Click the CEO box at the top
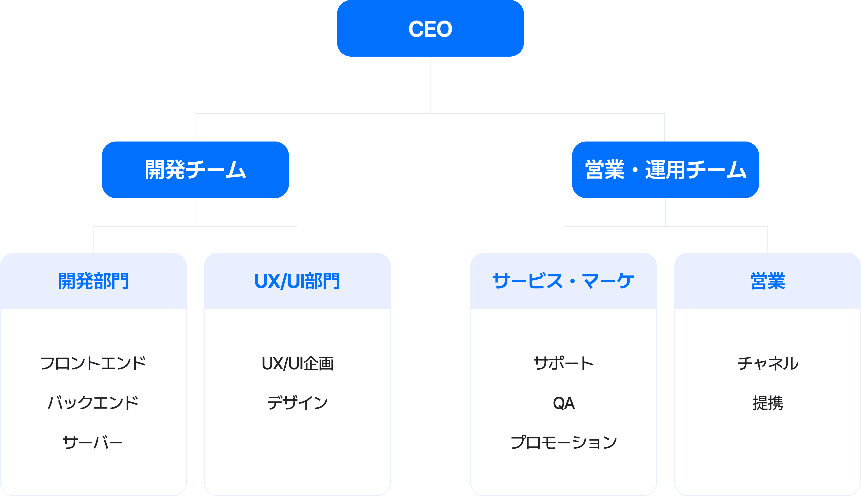click(x=430, y=29)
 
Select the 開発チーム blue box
click(x=195, y=170)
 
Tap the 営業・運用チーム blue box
click(x=665, y=170)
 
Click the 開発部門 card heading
click(x=93, y=281)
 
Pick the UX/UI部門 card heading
click(x=297, y=281)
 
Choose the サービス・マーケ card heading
click(x=563, y=281)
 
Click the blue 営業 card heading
click(x=767, y=281)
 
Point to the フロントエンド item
click(x=93, y=363)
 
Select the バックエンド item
click(x=93, y=403)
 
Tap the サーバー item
click(x=93, y=442)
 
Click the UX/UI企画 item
click(x=297, y=363)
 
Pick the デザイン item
click(x=297, y=403)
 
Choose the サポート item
click(x=563, y=363)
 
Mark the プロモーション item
click(x=563, y=442)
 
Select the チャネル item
click(x=767, y=363)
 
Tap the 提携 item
click(x=767, y=403)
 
